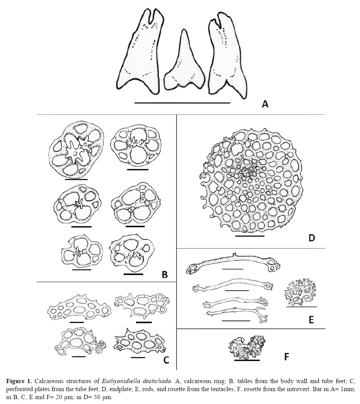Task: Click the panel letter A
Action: coord(265,103)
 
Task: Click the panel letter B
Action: coord(164,274)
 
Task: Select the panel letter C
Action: coord(166,360)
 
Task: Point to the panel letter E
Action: coord(311,320)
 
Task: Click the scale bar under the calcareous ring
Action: coord(182,103)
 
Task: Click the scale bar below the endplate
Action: coord(249,236)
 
